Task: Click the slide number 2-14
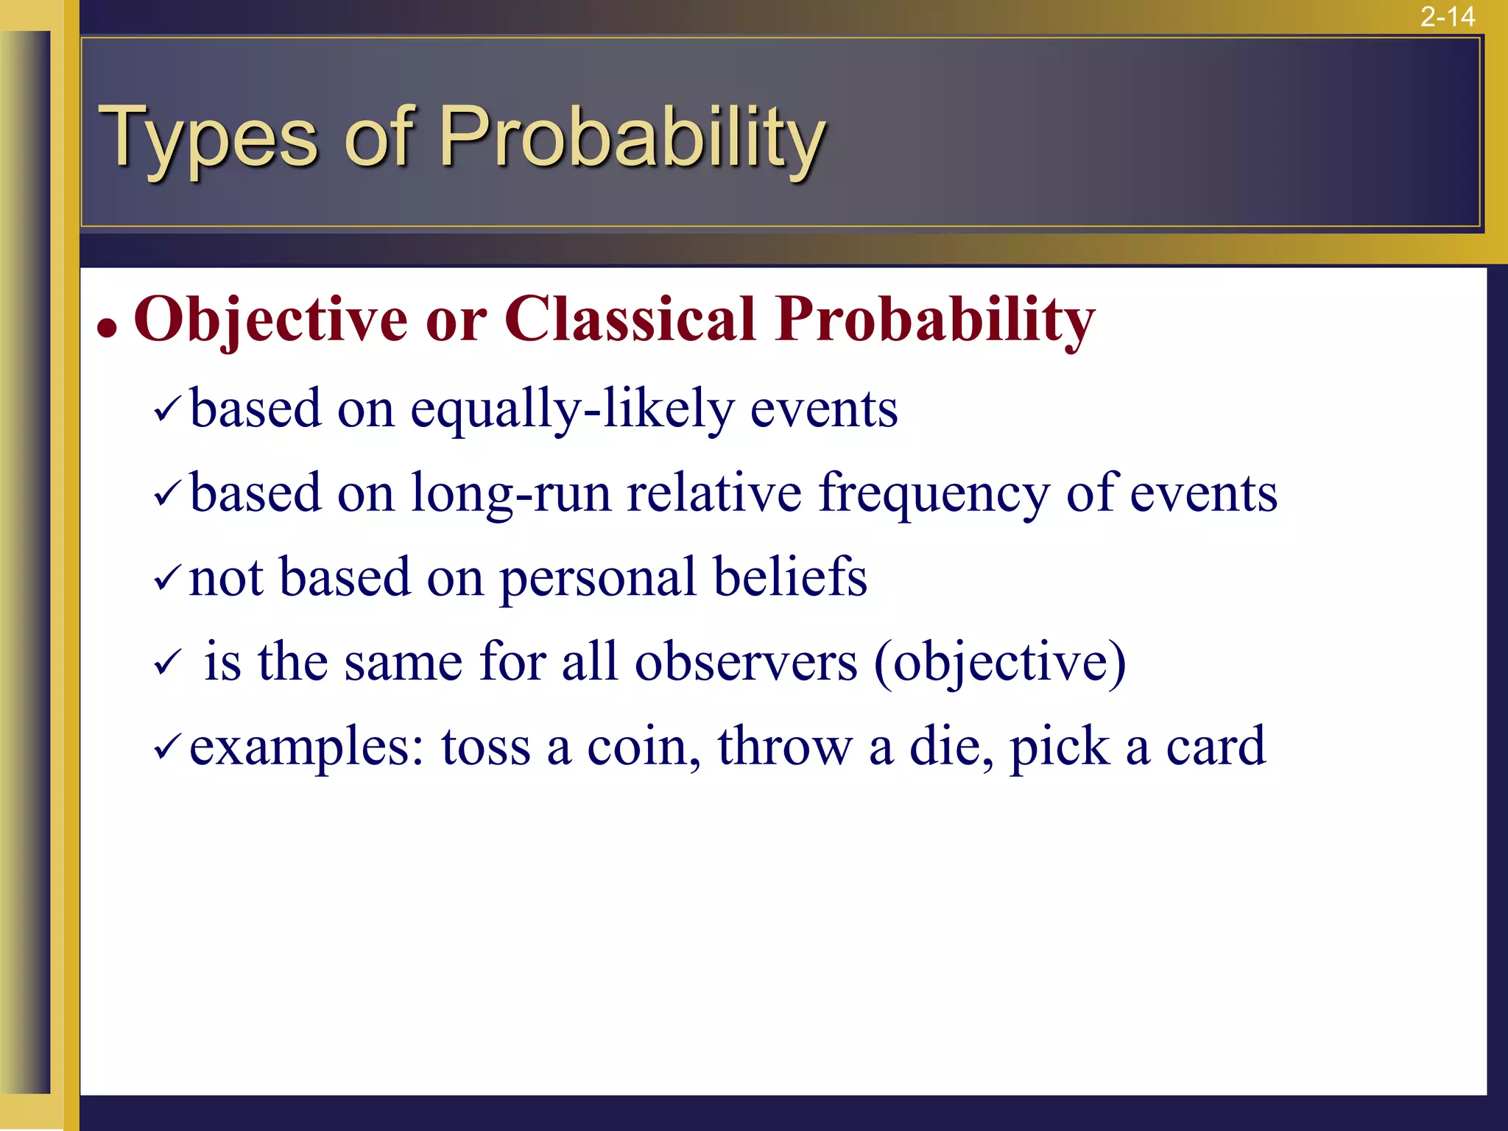point(1447,16)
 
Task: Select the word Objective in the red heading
point(269,320)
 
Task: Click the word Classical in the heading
point(630,320)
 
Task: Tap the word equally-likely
point(571,409)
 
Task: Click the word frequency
point(934,493)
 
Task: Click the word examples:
point(306,747)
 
